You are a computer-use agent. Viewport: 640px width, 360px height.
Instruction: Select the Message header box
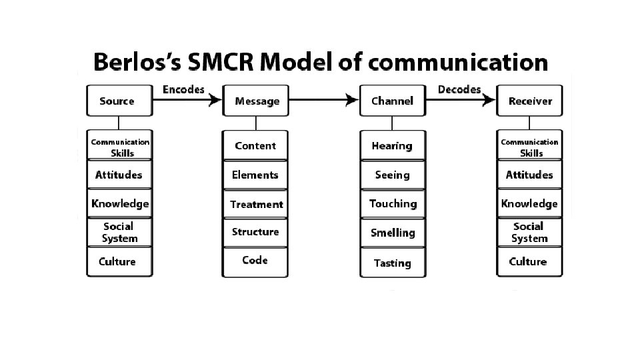256,101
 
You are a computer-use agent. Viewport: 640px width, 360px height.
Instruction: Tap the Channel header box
392,101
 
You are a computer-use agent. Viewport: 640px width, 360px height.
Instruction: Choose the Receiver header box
530,101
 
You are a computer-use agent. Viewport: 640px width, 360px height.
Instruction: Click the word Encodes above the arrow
183,89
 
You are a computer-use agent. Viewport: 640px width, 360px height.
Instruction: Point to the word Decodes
459,89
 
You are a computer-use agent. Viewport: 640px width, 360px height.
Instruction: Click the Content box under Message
255,146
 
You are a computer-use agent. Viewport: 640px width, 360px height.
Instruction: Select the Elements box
255,175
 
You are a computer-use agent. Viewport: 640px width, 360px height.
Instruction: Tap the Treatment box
255,204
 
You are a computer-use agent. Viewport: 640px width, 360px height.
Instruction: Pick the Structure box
255,232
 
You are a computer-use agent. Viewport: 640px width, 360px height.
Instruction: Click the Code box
255,261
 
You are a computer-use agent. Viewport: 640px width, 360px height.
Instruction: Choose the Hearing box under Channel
392,146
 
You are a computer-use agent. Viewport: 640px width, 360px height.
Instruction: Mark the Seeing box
392,175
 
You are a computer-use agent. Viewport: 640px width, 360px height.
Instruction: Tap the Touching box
392,204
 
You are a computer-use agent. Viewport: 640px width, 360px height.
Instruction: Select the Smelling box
392,233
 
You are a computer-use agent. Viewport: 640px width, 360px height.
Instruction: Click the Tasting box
392,263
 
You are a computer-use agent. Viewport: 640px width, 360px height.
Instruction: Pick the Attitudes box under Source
119,175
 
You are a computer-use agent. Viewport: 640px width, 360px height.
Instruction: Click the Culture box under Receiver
529,261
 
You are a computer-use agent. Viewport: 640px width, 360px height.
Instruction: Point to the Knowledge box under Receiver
529,203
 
